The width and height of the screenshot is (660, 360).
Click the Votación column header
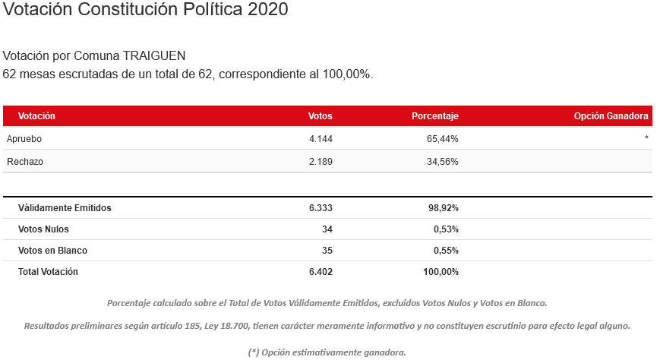[x=36, y=116]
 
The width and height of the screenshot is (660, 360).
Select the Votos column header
[x=320, y=116]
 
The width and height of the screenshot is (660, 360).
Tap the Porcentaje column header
[x=434, y=116]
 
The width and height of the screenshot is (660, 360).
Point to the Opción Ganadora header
[x=611, y=116]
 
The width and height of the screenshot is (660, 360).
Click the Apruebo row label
[x=24, y=139]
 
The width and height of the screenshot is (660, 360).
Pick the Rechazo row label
[x=24, y=162]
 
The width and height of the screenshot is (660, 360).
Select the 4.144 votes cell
[x=320, y=139]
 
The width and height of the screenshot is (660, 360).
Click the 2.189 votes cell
[x=320, y=162]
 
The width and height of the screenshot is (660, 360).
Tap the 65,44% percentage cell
[x=442, y=139]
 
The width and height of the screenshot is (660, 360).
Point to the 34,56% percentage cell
[x=442, y=162]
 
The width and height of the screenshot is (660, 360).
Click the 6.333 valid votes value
[x=320, y=207]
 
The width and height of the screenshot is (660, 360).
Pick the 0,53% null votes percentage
[x=444, y=229]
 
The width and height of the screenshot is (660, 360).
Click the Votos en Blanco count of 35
[x=327, y=251]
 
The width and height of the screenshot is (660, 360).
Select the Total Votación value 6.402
[x=320, y=271]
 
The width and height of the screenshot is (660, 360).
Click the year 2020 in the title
[x=267, y=10]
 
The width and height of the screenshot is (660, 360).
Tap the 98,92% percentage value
[x=442, y=207]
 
